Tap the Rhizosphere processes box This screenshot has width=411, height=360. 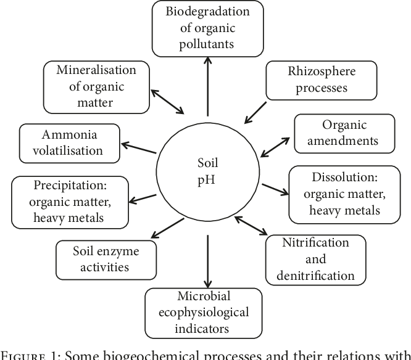[312, 80]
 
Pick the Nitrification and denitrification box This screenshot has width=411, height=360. [315, 258]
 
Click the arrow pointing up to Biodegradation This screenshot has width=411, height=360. [208, 86]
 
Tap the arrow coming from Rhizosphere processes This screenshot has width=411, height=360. [256, 112]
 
